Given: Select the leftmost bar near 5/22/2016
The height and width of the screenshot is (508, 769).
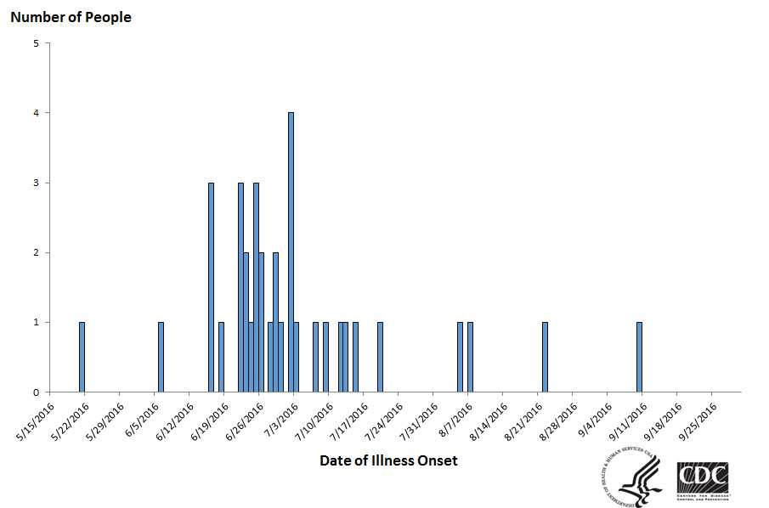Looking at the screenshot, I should tap(82, 357).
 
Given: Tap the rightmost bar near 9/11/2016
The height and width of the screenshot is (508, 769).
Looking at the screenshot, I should tap(639, 357).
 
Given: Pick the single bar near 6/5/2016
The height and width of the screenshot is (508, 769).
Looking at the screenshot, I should tap(161, 357).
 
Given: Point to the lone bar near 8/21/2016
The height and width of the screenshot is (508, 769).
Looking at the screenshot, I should tap(545, 357).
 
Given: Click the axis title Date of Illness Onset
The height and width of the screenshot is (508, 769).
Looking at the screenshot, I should tap(388, 460).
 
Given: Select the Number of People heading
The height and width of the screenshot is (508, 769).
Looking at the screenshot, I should tap(71, 17).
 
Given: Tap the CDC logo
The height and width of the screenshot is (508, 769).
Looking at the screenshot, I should tap(702, 477).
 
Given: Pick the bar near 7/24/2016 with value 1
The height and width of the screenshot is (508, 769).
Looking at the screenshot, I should tap(380, 357).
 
